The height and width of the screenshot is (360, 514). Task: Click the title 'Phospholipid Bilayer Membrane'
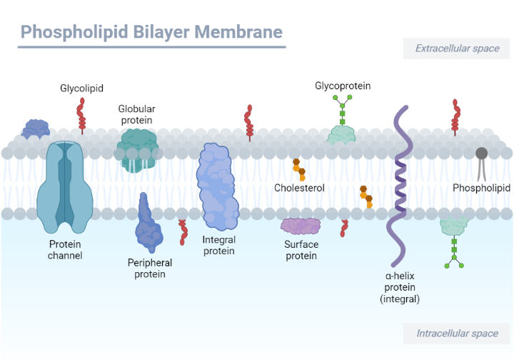151,32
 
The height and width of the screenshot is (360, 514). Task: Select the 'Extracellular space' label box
457,49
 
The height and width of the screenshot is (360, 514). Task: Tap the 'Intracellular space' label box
457,334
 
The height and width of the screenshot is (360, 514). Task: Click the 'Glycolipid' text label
81,89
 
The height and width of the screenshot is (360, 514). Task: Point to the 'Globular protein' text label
136,114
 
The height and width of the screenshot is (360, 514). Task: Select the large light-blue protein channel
64,186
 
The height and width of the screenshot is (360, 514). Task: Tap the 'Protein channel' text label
65,249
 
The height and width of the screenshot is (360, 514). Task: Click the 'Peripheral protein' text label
150,268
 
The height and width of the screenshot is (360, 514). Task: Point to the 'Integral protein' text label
218,245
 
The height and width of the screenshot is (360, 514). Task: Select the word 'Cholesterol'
299,188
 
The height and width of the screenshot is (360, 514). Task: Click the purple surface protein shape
301,226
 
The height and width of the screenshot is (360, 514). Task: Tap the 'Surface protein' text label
301,250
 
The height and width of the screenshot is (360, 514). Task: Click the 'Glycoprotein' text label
343,86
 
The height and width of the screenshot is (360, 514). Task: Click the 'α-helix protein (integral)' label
400,287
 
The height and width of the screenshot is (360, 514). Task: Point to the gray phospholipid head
482,153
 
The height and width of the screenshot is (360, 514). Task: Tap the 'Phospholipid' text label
481,188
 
